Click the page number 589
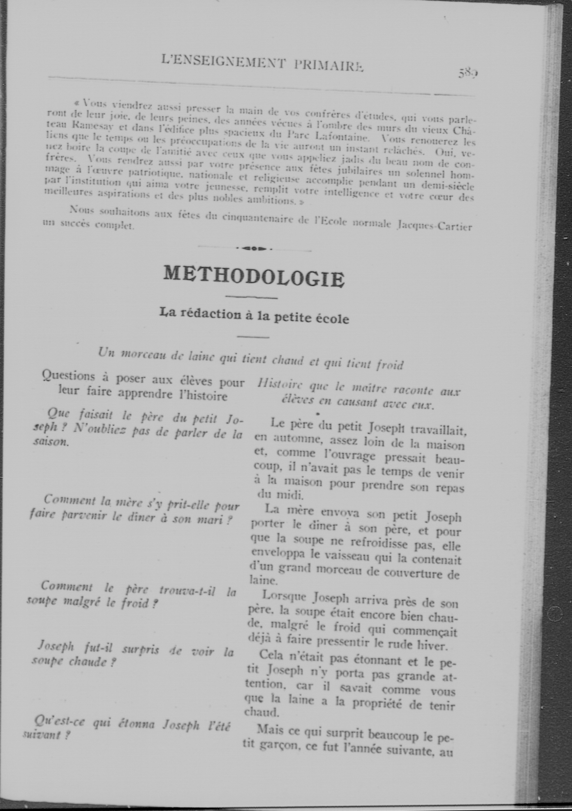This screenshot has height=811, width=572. [468, 73]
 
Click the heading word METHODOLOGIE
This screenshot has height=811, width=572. [254, 277]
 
